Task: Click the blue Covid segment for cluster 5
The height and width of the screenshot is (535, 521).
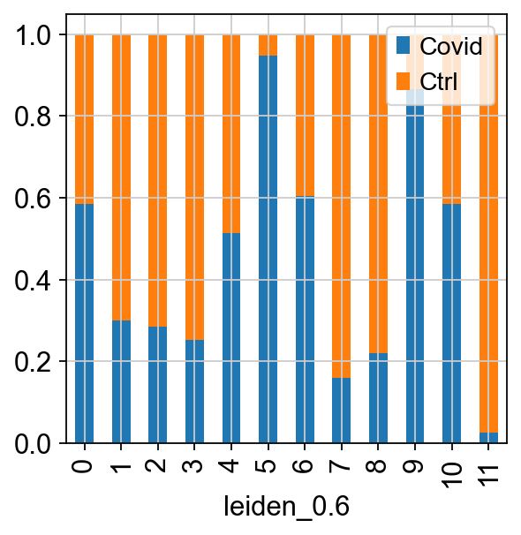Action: (268, 249)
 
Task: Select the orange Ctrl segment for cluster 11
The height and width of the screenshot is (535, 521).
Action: (488, 234)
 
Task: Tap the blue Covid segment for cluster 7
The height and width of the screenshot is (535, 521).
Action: (341, 411)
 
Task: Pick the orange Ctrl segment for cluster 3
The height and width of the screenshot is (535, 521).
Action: (194, 187)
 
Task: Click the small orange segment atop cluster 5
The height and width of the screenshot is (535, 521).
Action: (268, 45)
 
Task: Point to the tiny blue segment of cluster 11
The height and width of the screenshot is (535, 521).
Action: (488, 438)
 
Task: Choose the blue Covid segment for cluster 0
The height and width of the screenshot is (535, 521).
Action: (84, 323)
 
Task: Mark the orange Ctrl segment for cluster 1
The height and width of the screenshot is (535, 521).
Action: (121, 177)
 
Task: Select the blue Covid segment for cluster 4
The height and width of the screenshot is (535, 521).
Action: (231, 338)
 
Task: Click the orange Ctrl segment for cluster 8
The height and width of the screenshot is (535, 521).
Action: (378, 194)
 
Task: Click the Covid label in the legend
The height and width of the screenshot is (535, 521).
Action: (450, 46)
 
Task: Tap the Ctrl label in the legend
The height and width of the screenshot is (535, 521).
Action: (438, 81)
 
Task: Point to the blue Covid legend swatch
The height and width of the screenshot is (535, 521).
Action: (403, 46)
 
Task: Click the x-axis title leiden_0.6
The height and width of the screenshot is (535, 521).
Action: (286, 507)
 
